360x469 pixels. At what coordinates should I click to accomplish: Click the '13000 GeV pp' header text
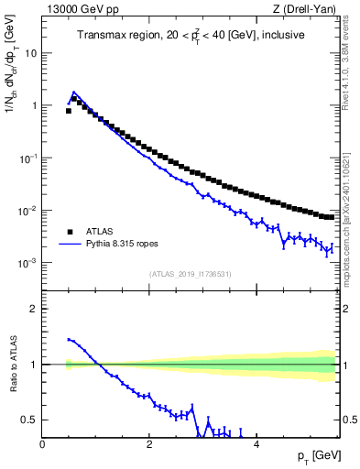point(80,10)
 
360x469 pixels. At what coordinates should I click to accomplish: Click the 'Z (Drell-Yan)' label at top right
point(305,10)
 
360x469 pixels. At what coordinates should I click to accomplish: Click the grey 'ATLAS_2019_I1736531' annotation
point(191,273)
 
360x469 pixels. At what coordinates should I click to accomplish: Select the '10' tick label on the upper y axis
point(31,53)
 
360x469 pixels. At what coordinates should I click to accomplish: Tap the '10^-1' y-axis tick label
point(29,158)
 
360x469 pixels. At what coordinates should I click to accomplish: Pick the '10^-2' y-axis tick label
point(29,211)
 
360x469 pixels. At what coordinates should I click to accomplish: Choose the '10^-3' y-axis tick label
point(29,263)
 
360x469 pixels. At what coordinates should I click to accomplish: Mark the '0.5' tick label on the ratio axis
point(31,420)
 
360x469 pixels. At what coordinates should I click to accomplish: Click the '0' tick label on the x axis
point(42,443)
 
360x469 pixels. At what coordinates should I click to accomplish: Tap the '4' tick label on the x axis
point(256,443)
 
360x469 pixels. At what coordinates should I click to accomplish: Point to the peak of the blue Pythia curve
point(74,93)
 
